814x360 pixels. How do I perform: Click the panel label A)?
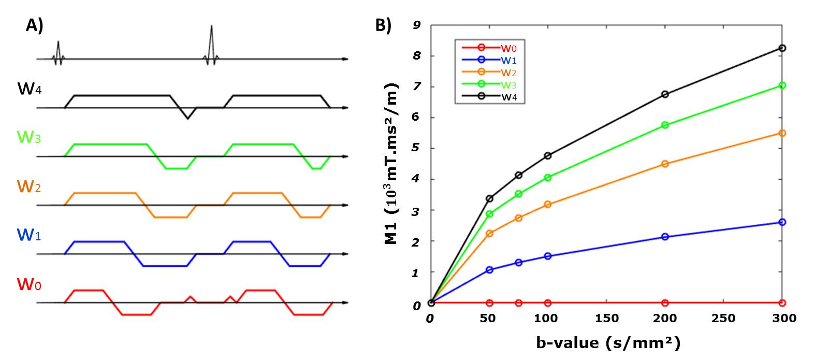pos(35,25)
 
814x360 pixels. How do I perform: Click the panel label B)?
pos(384,25)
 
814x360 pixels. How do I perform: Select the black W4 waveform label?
pos(30,90)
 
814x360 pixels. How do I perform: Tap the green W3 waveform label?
pos(30,138)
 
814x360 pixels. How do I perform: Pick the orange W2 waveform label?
pos(30,186)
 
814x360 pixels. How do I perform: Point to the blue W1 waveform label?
pos(30,235)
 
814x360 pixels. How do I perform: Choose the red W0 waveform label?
pos(30,284)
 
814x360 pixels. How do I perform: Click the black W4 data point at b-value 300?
pos(782,48)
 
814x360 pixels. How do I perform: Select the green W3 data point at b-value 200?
pos(665,125)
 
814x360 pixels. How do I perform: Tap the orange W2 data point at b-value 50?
pos(489,233)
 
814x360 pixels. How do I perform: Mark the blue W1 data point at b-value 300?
pos(782,222)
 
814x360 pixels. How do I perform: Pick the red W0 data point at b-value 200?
pos(665,303)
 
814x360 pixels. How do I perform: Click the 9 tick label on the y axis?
pos(417,25)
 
